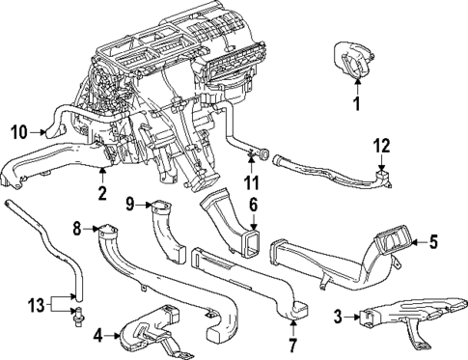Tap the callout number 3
point(337,316)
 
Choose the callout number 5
point(432,243)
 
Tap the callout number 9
point(127,203)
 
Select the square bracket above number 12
point(384,174)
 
